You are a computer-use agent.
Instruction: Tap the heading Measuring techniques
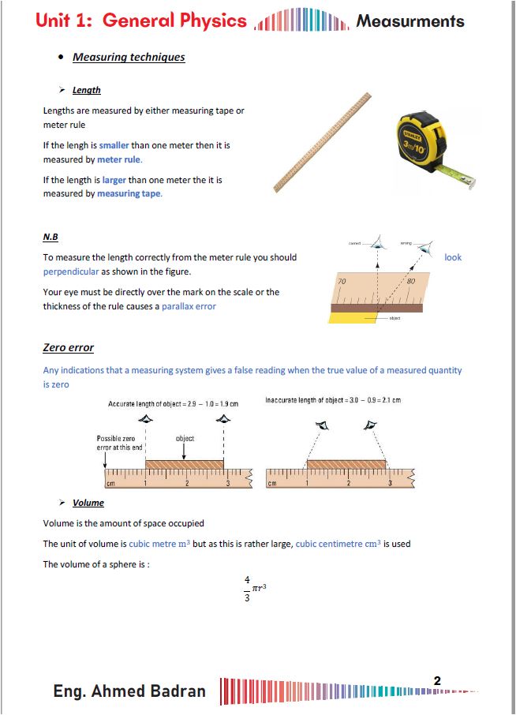(129, 58)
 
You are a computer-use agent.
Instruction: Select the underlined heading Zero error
(68, 348)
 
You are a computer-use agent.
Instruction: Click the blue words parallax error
(189, 306)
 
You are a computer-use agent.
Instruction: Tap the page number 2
(437, 680)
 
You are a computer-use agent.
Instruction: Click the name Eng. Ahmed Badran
(129, 691)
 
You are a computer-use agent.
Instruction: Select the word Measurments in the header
(409, 21)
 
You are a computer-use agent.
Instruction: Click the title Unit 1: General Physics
(141, 21)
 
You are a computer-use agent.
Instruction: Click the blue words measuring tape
(129, 194)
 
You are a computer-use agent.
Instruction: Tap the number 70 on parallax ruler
(342, 282)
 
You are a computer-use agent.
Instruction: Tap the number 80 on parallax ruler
(409, 282)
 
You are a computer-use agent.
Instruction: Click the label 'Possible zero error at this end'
(116, 442)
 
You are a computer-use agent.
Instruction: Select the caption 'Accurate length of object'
(172, 404)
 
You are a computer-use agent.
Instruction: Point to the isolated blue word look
(453, 257)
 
